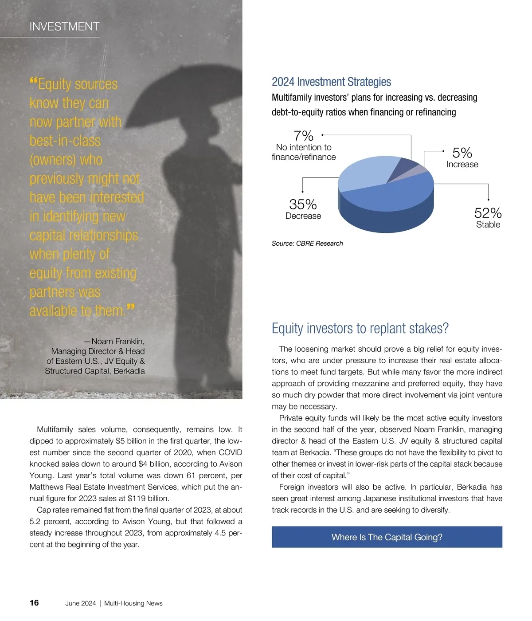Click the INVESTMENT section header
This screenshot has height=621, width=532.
[x=64, y=27]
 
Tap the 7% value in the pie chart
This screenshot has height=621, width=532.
[x=303, y=136]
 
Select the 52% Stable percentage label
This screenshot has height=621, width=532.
[x=488, y=213]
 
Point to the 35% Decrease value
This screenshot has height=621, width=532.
[x=303, y=204]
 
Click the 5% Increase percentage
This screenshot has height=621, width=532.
[x=462, y=153]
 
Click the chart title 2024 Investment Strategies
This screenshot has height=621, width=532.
[x=331, y=82]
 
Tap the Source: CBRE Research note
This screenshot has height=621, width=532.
[x=307, y=244]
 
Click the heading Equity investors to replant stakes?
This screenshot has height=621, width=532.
[x=360, y=329]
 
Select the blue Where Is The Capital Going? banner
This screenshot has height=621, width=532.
[x=387, y=537]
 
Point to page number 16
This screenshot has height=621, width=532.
[x=34, y=603]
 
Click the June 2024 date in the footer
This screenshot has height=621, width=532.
[x=81, y=603]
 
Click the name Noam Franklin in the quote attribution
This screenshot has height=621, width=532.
[x=117, y=342]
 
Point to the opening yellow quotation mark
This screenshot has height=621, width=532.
[x=33, y=81]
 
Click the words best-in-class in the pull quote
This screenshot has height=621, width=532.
[x=65, y=141]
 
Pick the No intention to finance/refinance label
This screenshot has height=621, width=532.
[x=304, y=152]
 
